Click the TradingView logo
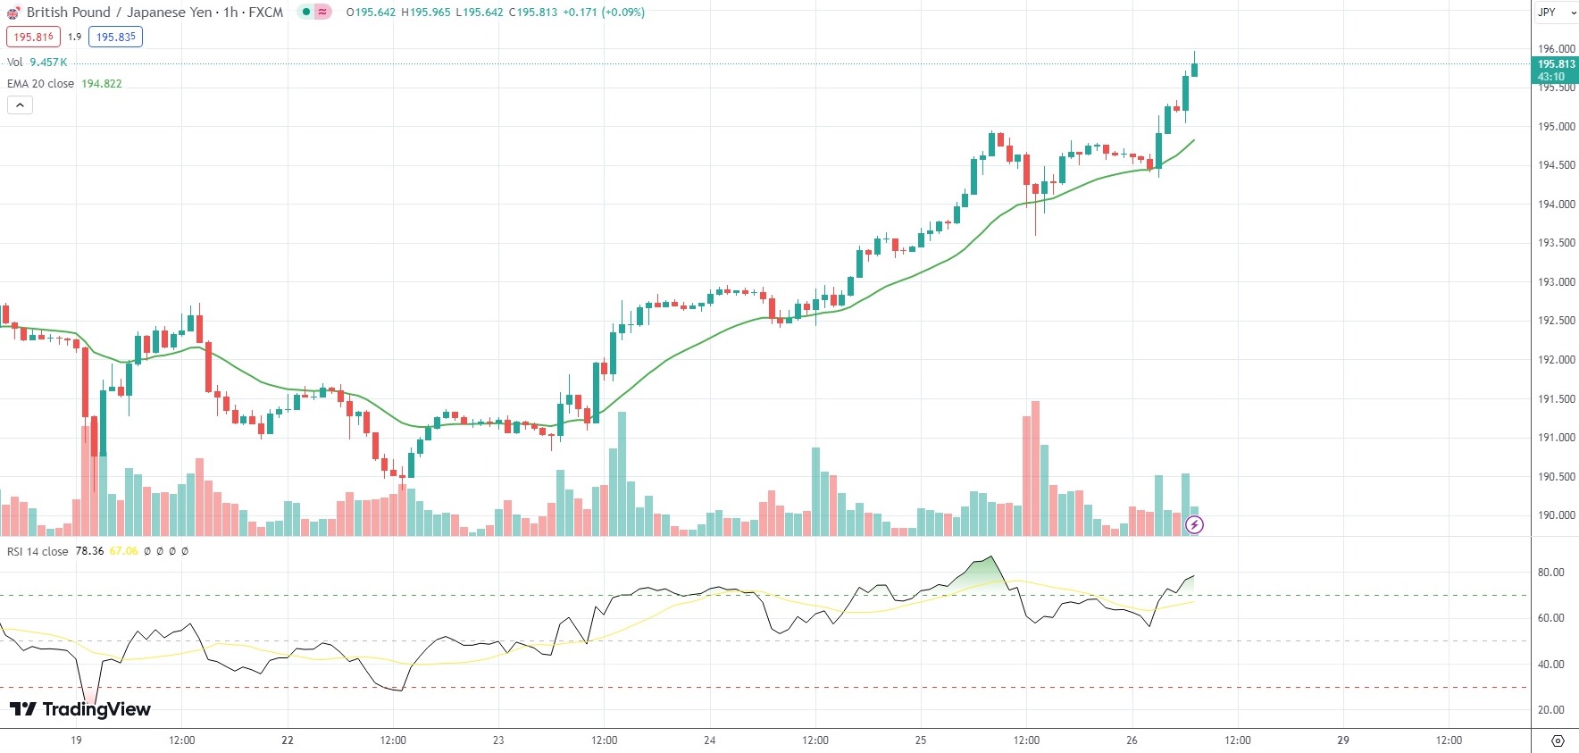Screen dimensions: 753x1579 [x=80, y=709]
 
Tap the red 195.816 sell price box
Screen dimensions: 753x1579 [x=34, y=37]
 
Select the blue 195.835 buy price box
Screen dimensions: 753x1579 [x=116, y=37]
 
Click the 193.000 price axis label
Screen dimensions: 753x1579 [x=1556, y=282]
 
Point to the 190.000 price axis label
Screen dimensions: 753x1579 [x=1556, y=515]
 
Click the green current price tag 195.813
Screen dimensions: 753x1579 [x=1556, y=64]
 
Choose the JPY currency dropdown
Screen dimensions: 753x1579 [x=1555, y=13]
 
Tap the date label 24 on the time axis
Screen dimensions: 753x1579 [x=710, y=740]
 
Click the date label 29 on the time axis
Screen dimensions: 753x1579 [x=1342, y=740]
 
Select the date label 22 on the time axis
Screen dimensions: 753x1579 [x=288, y=740]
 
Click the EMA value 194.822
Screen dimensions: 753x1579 [x=102, y=84]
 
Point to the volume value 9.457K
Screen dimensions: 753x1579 [x=48, y=63]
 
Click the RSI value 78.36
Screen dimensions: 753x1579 [x=89, y=551]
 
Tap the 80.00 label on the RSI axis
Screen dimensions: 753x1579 [x=1551, y=573]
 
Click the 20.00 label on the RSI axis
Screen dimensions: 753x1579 [x=1551, y=710]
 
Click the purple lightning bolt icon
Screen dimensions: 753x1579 [x=1194, y=524]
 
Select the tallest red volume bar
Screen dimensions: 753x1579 [x=1035, y=469]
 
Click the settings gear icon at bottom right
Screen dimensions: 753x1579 [x=1558, y=740]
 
